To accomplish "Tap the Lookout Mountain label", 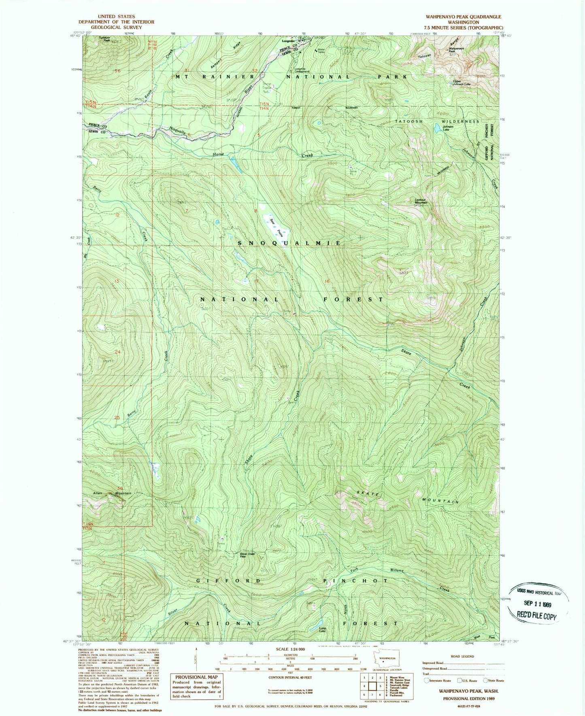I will pos(421,201).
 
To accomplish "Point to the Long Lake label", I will pos(322,629).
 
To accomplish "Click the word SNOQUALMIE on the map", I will pos(289,243).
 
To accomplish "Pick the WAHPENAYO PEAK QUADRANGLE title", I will pos(457,17).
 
